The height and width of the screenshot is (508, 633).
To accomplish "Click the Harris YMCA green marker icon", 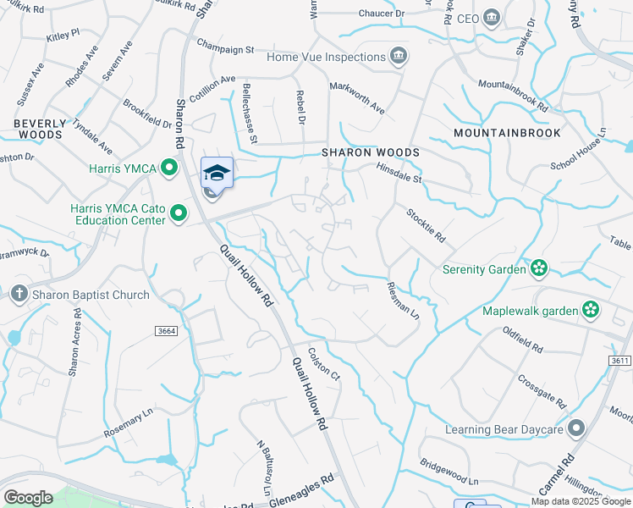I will pyautogui.click(x=169, y=168).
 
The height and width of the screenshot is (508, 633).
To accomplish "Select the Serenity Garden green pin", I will pyautogui.click(x=538, y=270).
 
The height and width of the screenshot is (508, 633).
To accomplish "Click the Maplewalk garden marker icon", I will pyautogui.click(x=591, y=310).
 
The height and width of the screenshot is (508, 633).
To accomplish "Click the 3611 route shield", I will pyautogui.click(x=619, y=361).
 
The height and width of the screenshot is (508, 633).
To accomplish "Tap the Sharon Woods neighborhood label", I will pyautogui.click(x=370, y=152).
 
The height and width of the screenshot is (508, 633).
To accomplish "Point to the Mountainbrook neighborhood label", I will pyautogui.click(x=495, y=134).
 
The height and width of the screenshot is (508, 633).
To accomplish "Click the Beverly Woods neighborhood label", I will pyautogui.click(x=39, y=129).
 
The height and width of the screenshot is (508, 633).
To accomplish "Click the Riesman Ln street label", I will pyautogui.click(x=403, y=300).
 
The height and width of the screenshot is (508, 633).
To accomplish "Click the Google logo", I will pyautogui.click(x=28, y=498).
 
